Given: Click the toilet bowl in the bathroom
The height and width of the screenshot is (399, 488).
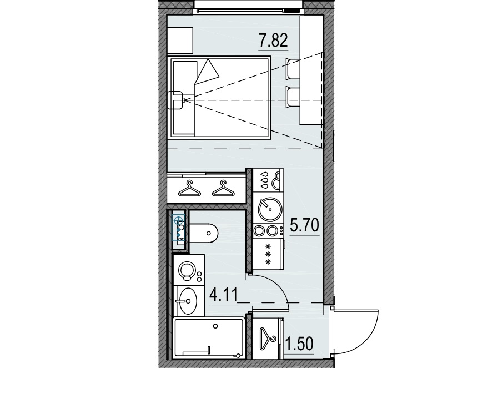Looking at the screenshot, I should pos(205,233).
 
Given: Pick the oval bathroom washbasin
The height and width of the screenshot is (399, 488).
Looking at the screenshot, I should pos(188,302).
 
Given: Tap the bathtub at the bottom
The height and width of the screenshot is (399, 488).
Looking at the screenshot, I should pos(209,338).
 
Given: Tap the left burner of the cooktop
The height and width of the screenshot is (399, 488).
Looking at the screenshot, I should pos(259,230).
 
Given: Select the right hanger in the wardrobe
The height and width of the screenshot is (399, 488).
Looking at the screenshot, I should pos(223,189).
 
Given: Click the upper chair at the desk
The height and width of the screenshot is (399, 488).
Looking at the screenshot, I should pos(292,68).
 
